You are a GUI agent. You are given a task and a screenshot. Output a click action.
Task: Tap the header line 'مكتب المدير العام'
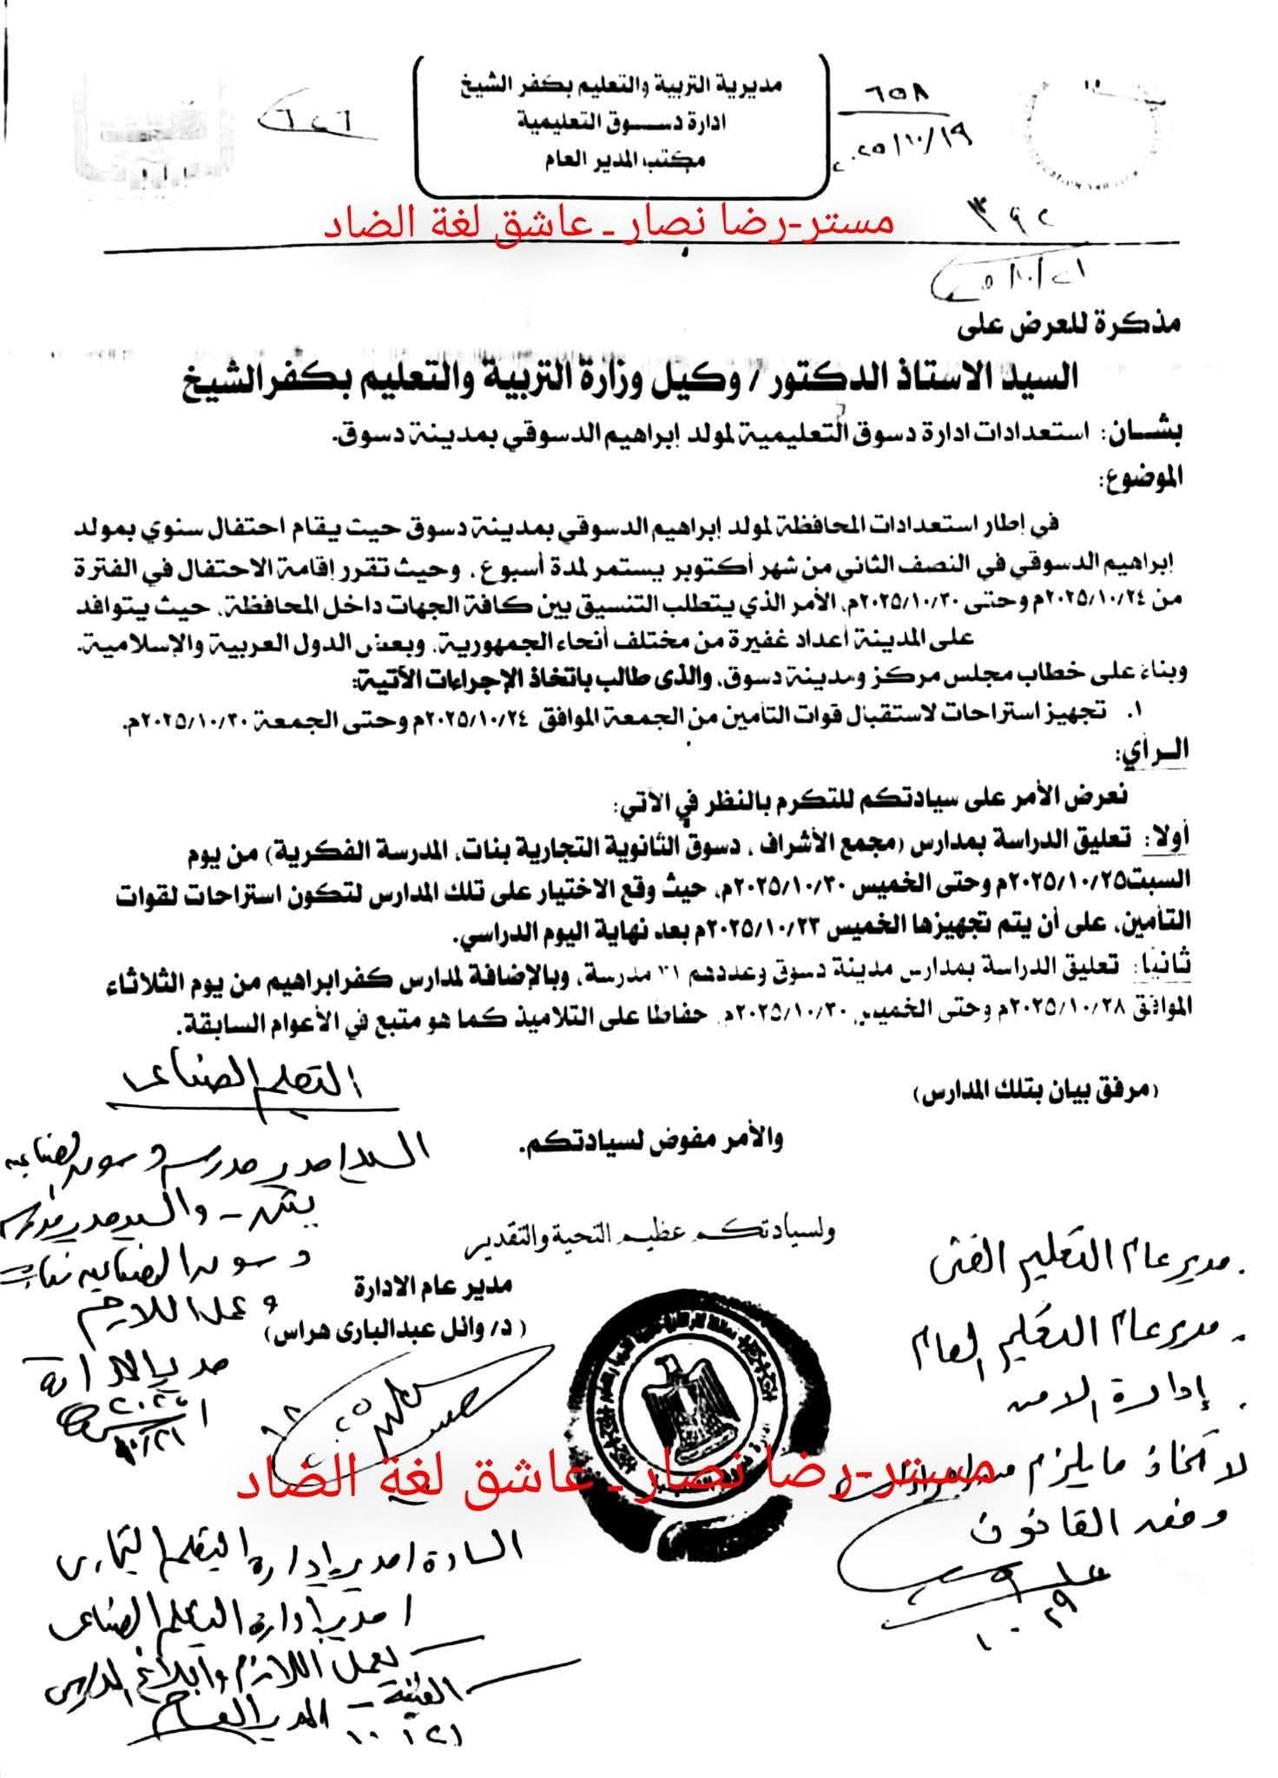pos(626,161)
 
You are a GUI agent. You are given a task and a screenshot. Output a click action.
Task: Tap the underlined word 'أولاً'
pos(1165,835)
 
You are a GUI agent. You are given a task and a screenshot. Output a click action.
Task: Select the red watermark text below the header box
pos(608,224)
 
